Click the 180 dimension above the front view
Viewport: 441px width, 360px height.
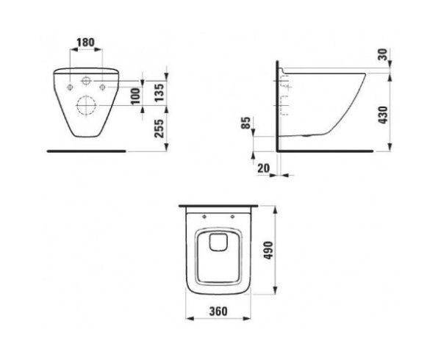(86, 43)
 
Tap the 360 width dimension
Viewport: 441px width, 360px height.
(216, 312)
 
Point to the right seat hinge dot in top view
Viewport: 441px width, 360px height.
(232, 216)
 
